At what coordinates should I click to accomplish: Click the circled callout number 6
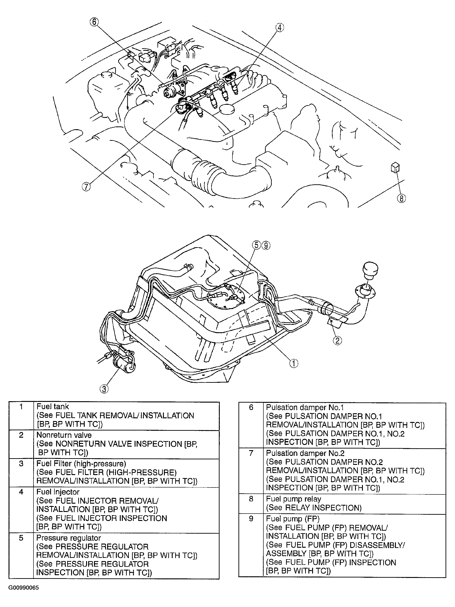94,22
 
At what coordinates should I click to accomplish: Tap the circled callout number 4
279,28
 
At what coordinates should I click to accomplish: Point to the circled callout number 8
401,198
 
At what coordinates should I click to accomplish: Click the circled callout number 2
337,341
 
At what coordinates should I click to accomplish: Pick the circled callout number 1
294,363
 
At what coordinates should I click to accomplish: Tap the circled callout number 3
104,389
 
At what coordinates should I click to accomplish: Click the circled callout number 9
266,245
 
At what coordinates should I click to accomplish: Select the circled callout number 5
256,245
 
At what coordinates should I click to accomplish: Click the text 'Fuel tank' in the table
52,407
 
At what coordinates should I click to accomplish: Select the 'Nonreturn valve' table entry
64,435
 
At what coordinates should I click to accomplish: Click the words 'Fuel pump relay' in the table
293,499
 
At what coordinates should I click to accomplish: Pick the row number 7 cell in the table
251,453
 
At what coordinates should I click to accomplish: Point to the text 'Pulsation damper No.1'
305,407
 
